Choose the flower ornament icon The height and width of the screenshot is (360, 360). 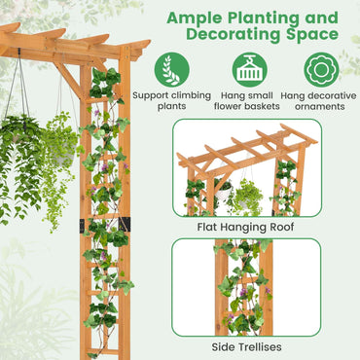coord(321,70)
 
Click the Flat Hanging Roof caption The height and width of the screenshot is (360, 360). coord(246,226)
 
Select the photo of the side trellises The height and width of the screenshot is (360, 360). coord(246,288)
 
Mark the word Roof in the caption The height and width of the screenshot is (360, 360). coord(281,226)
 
